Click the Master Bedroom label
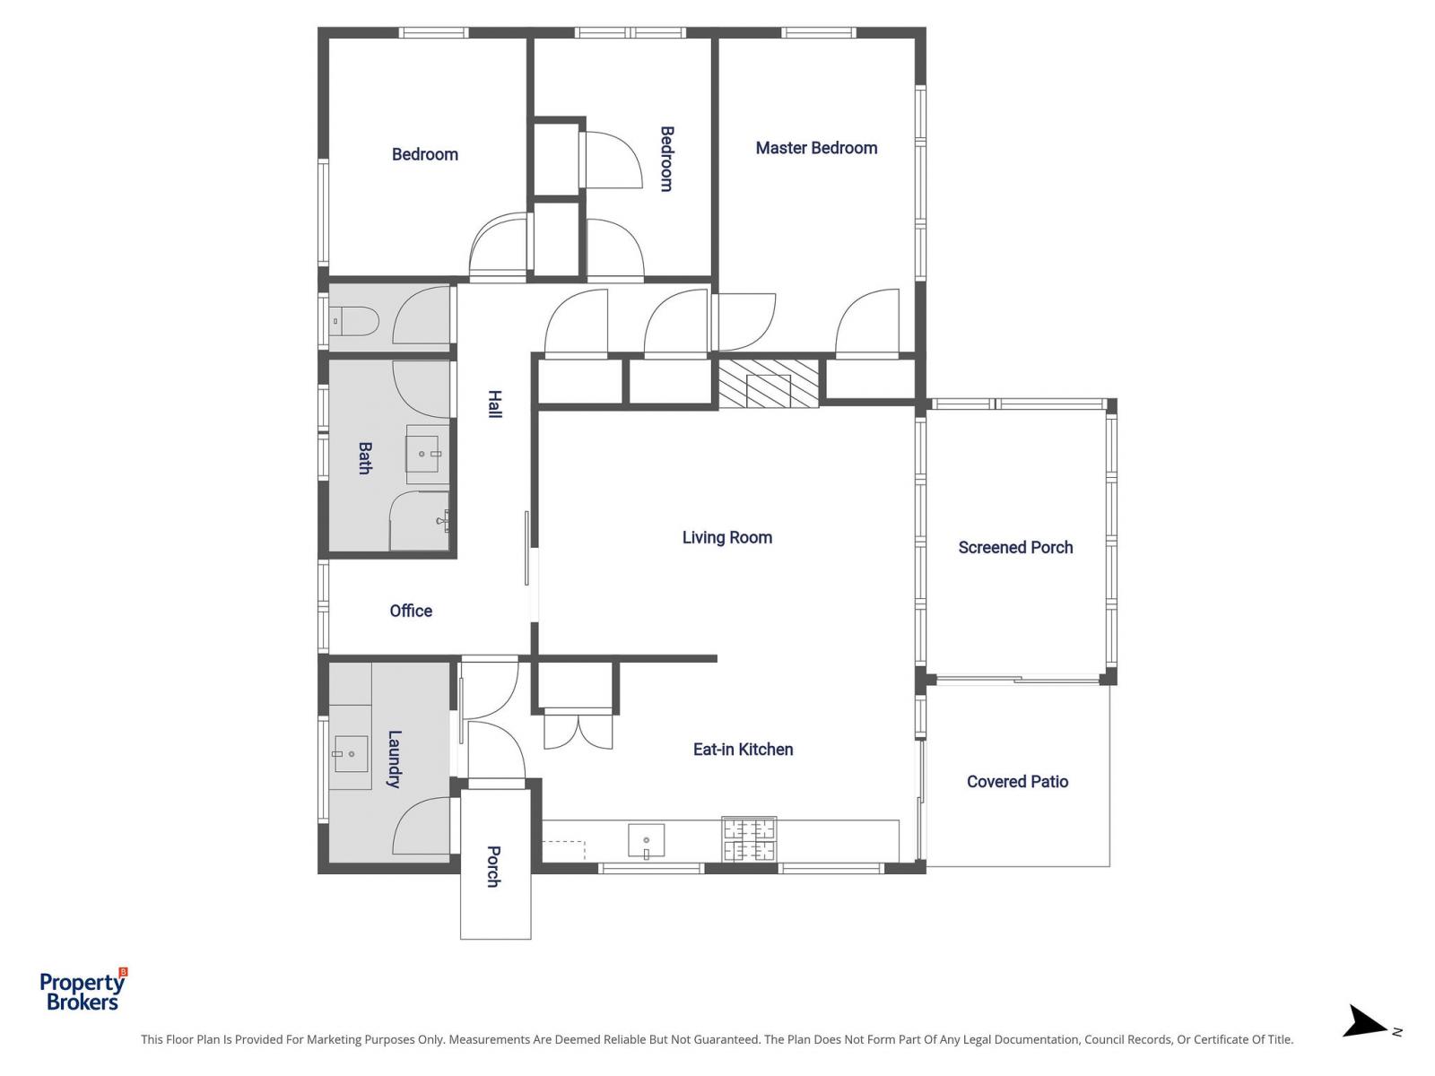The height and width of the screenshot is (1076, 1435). click(x=816, y=148)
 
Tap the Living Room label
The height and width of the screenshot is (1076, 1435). click(x=726, y=537)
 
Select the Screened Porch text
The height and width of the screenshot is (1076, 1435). click(x=1015, y=547)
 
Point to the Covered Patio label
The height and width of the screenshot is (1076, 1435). click(x=1017, y=781)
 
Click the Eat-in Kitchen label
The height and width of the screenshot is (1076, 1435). click(x=743, y=749)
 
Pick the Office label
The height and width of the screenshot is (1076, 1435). click(x=411, y=611)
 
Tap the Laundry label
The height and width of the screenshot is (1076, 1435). click(x=394, y=759)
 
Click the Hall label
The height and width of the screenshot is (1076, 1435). click(x=494, y=403)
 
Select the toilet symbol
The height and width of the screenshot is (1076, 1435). click(x=354, y=320)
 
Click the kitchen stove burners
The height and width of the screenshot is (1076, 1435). click(x=749, y=839)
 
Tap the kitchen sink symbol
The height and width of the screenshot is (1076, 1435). click(x=646, y=841)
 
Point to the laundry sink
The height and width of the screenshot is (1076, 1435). click(x=350, y=754)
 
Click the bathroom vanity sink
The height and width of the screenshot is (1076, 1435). click(x=427, y=454)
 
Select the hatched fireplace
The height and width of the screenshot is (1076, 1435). click(x=769, y=384)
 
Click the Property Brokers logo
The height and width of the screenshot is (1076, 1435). click(x=83, y=991)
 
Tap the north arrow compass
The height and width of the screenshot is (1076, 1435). click(x=1368, y=1022)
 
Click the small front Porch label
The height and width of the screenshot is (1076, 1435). click(x=493, y=866)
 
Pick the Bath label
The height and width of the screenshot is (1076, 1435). click(x=365, y=457)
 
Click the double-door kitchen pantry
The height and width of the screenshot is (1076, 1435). click(x=578, y=728)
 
